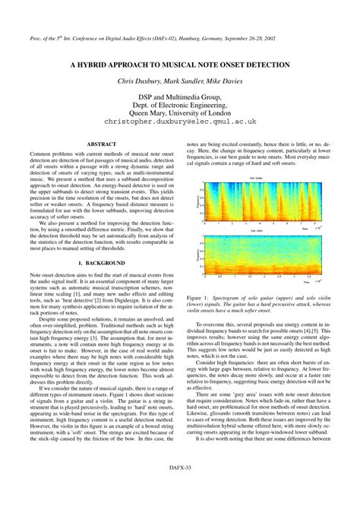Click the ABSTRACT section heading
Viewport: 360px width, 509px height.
(x=100, y=144)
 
